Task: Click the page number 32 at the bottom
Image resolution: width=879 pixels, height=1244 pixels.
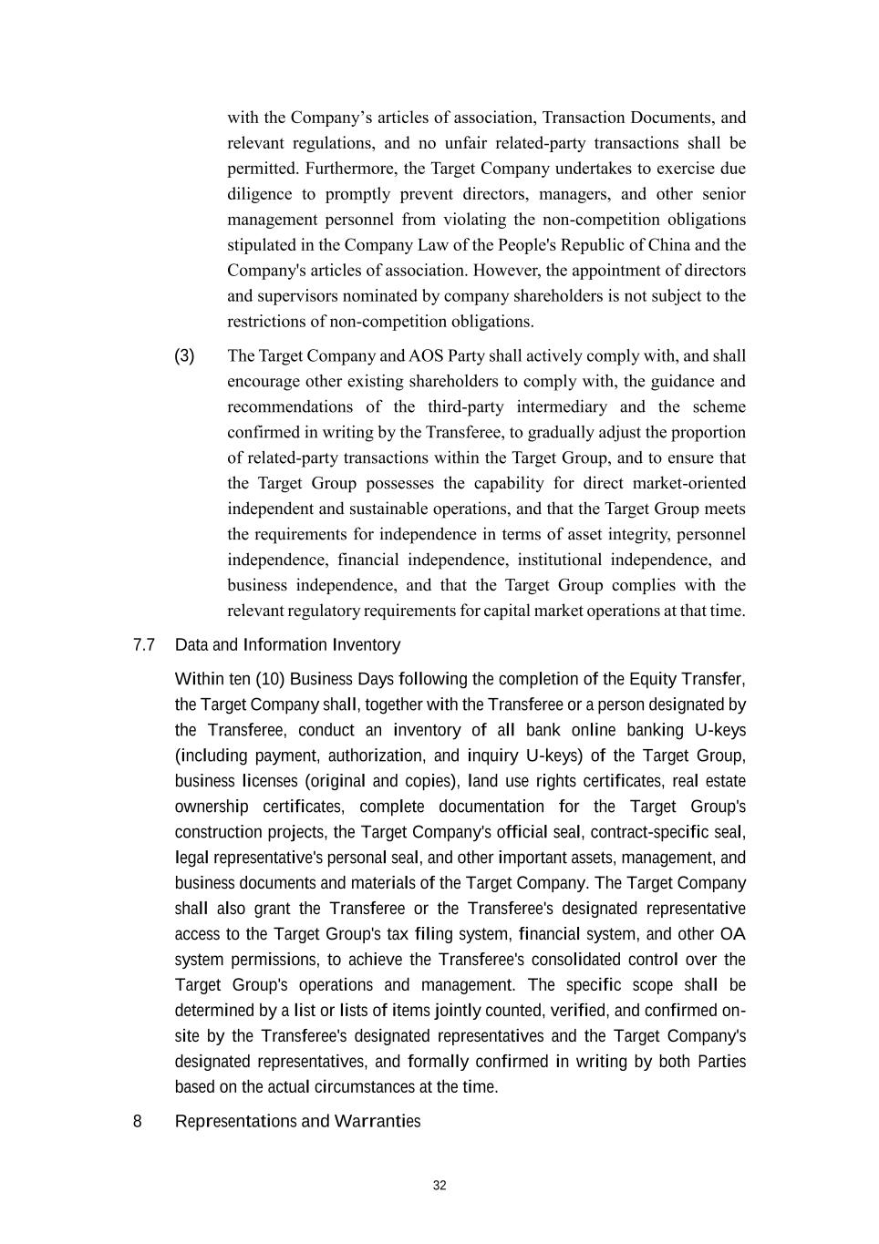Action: tap(439, 1186)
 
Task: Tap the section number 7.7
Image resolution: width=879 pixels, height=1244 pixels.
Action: tap(144, 645)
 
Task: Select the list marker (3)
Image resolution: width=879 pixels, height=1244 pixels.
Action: tap(184, 355)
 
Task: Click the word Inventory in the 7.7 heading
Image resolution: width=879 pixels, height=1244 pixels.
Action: tap(366, 645)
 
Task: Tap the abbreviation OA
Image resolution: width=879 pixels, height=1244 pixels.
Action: tap(732, 934)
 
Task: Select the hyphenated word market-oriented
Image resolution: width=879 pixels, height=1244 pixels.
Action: tap(689, 483)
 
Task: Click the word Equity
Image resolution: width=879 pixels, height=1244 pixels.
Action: tap(653, 679)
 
